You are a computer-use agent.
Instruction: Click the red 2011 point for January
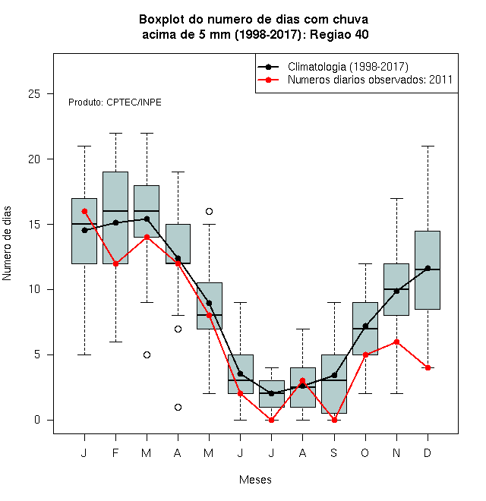pos(84,211)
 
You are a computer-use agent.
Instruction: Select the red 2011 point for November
pos(396,342)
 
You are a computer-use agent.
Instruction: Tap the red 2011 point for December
pos(428,367)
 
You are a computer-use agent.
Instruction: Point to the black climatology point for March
pos(147,219)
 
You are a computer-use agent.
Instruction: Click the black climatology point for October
pos(365,326)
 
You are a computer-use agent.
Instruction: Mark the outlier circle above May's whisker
pos(209,211)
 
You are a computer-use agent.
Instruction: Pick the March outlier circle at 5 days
pos(147,354)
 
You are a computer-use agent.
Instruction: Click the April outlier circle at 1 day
pos(178,407)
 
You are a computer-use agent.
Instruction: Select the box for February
pos(115,218)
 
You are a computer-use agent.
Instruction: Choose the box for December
pos(428,270)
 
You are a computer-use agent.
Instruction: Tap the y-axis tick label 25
pos(34,94)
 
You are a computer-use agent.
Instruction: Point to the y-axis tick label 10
pos(34,289)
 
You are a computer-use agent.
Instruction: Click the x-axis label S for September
pos(334,452)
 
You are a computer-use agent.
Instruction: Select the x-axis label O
pos(364,452)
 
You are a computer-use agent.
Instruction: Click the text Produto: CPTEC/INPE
pos(115,102)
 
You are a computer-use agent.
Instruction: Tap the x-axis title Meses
pos(255,480)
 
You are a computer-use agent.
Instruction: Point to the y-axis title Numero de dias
pos(7,244)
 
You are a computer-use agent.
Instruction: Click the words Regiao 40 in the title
pos(339,34)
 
